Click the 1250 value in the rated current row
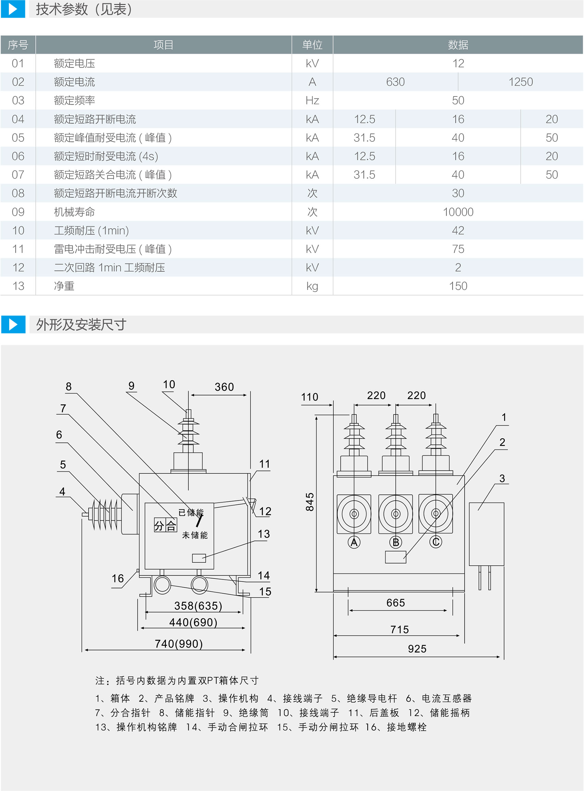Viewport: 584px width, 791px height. coord(520,82)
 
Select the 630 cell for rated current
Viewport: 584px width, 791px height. coord(395,82)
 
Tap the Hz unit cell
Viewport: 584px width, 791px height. coord(312,100)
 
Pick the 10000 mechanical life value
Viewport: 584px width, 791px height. coord(458,212)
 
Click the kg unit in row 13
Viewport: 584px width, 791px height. coord(312,286)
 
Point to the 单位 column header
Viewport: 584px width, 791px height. coord(312,45)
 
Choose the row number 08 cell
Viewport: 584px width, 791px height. coord(18,193)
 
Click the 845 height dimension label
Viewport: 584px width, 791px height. coord(310,502)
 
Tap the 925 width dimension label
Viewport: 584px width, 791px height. coord(417,649)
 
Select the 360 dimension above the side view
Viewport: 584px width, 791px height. coord(224,387)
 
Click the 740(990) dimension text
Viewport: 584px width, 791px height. coord(179,643)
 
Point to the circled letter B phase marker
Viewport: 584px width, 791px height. coord(396,542)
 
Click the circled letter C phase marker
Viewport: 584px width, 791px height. coord(436,542)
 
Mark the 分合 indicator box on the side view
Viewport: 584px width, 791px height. coord(165,525)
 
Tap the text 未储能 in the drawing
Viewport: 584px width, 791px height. coord(195,535)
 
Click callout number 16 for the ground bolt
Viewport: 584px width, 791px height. coord(118,578)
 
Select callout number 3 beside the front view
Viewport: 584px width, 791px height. coord(502,478)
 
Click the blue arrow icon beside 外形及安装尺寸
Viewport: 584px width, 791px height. coord(13,324)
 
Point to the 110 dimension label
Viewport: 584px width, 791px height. coord(310,397)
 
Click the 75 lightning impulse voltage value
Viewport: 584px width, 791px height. coord(458,249)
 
